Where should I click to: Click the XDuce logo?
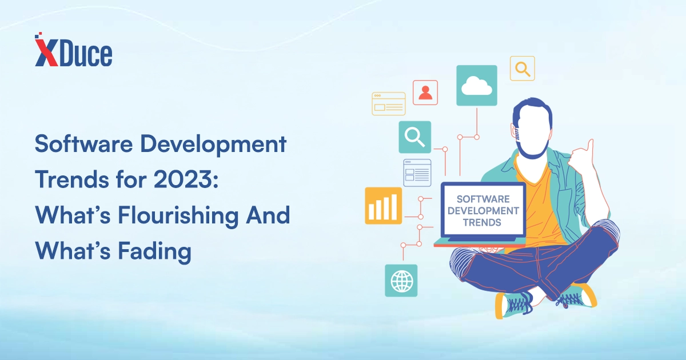click(x=74, y=49)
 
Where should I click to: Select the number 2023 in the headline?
click(x=183, y=179)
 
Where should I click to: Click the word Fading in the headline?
click(x=155, y=252)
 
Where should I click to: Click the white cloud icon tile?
click(x=477, y=85)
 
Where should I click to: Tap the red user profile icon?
click(x=425, y=93)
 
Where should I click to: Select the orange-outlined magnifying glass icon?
click(x=522, y=68)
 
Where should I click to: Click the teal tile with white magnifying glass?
click(x=414, y=137)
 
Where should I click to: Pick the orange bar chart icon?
click(x=383, y=206)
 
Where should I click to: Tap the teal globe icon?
click(x=401, y=281)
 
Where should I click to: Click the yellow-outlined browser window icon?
click(x=389, y=104)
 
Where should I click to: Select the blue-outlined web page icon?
click(x=417, y=173)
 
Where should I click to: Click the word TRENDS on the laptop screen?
click(x=482, y=222)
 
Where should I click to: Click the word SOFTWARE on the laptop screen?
click(x=483, y=199)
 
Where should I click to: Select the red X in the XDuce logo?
click(x=46, y=52)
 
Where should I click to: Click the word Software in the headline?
click(x=83, y=143)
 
